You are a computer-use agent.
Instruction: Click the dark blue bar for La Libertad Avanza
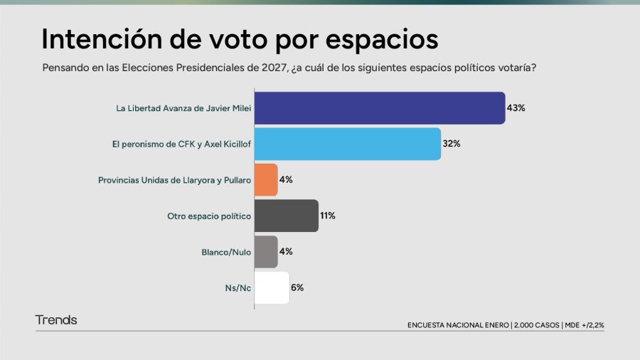click(379, 108)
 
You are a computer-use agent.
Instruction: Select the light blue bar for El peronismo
click(347, 144)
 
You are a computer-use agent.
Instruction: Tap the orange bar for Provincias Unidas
click(266, 180)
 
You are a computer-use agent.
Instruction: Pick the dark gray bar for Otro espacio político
click(286, 216)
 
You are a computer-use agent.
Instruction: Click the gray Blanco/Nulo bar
click(266, 252)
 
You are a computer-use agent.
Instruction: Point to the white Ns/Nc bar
click(272, 287)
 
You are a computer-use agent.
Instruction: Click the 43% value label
click(516, 108)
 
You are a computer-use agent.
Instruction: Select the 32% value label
click(452, 144)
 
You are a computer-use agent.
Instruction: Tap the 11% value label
click(327, 216)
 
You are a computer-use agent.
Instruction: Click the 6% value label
click(297, 287)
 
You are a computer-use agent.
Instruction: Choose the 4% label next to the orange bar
click(286, 180)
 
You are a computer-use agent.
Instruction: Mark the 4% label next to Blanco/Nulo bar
click(286, 252)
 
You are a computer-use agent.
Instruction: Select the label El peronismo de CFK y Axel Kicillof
click(181, 144)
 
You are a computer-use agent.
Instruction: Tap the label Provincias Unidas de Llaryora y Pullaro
click(174, 180)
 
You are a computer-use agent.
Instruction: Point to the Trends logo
click(56, 320)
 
